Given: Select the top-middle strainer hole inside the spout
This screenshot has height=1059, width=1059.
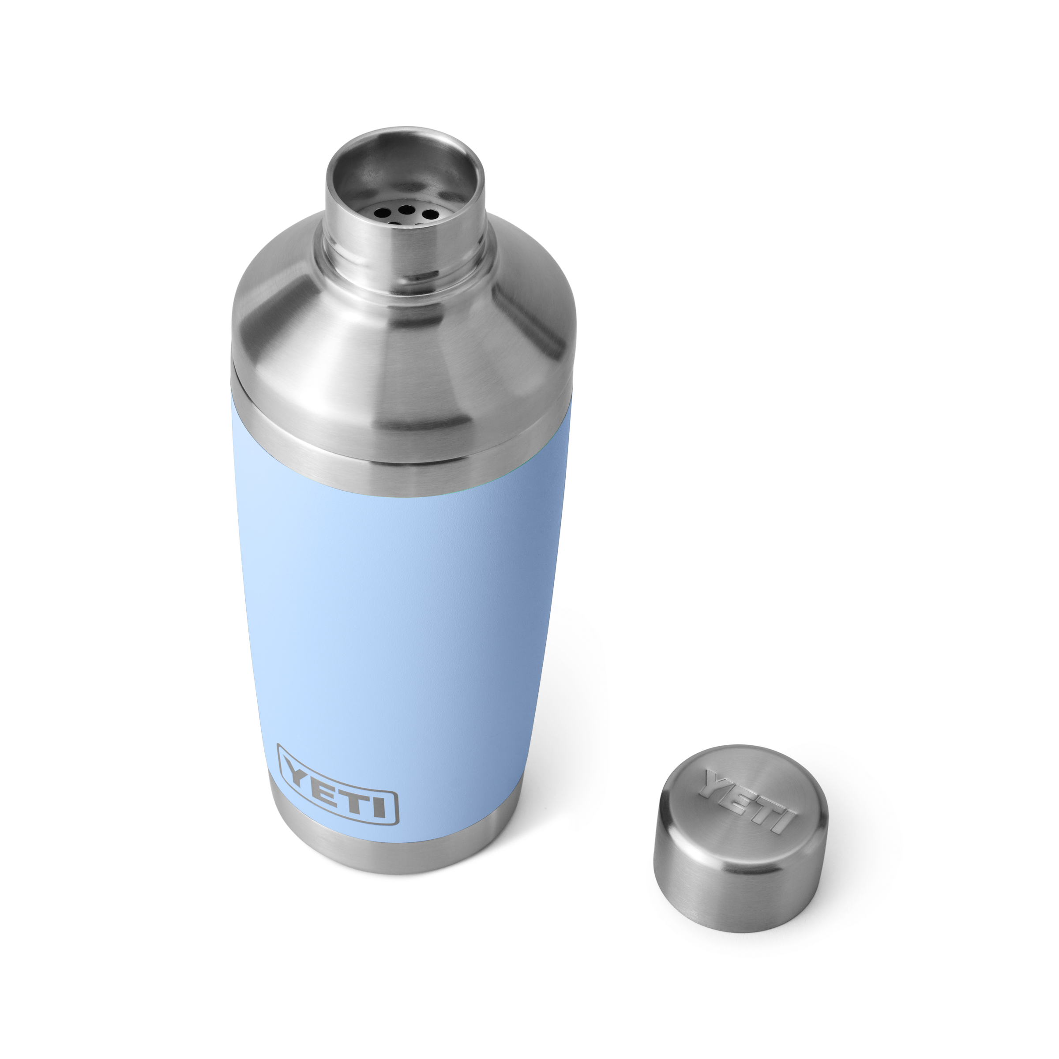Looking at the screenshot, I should point(406,208).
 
